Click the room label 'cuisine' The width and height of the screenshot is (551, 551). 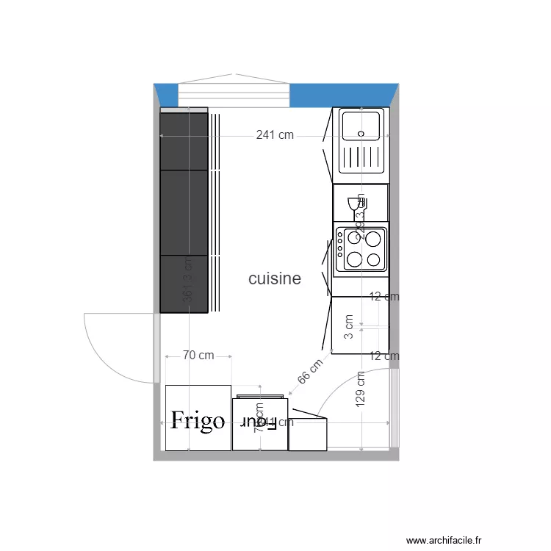tap(275, 279)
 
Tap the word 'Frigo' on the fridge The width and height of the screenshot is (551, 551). tap(197, 420)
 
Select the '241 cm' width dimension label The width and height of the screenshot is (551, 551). tap(275, 135)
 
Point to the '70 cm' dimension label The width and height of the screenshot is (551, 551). tap(198, 356)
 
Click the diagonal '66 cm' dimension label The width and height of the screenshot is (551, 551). tap(310, 372)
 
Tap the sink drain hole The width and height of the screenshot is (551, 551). tap(360, 134)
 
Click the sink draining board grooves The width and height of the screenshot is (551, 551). tap(360, 157)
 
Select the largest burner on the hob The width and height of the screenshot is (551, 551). tap(374, 239)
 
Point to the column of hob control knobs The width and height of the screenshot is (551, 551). tap(340, 248)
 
